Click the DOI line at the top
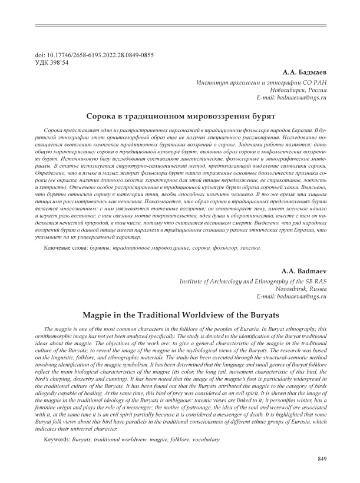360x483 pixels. (94, 55)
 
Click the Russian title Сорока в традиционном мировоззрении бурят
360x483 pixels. (180, 117)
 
